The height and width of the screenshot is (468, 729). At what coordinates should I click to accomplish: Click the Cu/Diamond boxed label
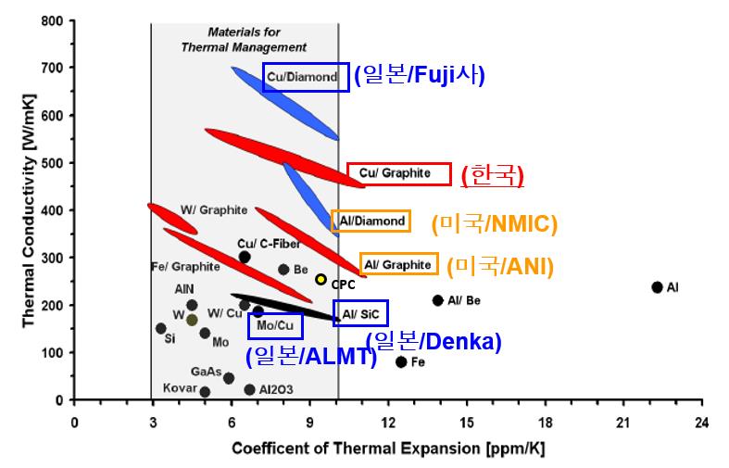306,77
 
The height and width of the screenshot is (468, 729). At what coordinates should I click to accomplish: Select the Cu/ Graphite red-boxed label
399,173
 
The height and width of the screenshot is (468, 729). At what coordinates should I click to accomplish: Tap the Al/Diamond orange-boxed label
371,221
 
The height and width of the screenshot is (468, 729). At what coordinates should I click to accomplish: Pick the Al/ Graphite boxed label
399,265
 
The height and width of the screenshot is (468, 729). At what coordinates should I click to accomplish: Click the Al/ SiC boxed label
360,314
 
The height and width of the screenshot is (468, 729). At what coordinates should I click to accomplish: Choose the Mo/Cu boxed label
275,326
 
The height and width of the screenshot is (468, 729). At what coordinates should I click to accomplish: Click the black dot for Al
657,287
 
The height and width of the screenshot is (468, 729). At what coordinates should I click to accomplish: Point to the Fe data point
401,361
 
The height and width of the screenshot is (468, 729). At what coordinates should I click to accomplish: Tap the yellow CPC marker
321,279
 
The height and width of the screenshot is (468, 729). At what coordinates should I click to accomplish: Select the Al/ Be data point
437,300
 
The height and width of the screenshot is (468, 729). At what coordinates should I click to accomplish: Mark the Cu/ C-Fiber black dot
245,257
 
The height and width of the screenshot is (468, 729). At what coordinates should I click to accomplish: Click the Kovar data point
205,392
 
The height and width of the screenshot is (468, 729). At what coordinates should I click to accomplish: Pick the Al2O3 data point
249,390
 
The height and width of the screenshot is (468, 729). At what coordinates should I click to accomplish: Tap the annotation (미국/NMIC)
494,222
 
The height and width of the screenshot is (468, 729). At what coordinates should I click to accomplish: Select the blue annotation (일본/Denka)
434,341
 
